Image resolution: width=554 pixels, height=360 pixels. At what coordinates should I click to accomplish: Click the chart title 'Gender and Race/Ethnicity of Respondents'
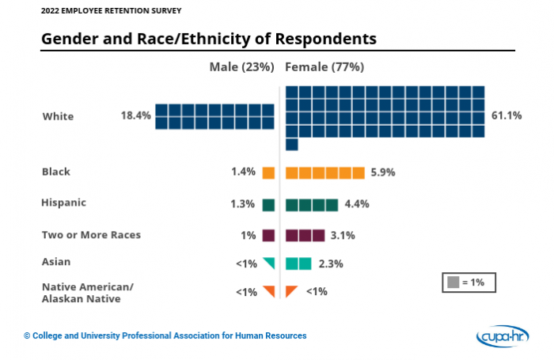pyautogui.click(x=208, y=38)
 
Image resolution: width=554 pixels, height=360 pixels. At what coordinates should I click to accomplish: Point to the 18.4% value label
pyautogui.click(x=135, y=116)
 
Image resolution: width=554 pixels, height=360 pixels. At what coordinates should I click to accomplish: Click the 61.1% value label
pyautogui.click(x=507, y=116)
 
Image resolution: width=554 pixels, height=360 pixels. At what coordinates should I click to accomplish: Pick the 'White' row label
pyautogui.click(x=58, y=116)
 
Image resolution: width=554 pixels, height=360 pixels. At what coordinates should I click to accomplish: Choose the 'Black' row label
pyautogui.click(x=55, y=171)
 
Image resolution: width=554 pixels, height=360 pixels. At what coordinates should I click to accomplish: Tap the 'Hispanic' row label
pyautogui.click(x=63, y=203)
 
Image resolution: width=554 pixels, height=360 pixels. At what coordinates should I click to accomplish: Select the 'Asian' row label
pyautogui.click(x=55, y=261)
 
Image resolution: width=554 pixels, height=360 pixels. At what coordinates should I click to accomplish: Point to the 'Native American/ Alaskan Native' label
pyautogui.click(x=88, y=292)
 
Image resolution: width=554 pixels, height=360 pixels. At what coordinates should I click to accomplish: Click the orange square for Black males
pyautogui.click(x=268, y=172)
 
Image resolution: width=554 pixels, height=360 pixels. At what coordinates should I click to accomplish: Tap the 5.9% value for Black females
pyautogui.click(x=382, y=172)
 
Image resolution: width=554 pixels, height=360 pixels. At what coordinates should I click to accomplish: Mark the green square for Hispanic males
pyautogui.click(x=268, y=205)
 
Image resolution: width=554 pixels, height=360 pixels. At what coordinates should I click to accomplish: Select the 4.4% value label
pyautogui.click(x=356, y=204)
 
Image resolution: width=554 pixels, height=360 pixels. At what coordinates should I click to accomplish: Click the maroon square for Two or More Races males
pyautogui.click(x=268, y=235)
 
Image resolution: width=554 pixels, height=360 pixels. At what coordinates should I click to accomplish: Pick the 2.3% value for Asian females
pyautogui.click(x=331, y=263)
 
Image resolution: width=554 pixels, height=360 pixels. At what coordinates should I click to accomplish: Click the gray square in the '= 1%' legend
pyautogui.click(x=453, y=282)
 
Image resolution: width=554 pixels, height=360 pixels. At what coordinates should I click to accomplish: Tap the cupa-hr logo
pyautogui.click(x=504, y=336)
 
